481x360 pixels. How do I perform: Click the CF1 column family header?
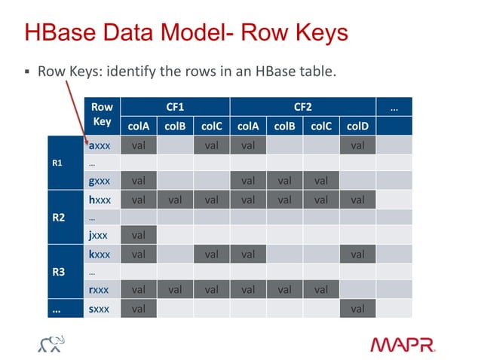coord(175,108)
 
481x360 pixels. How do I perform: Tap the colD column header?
coord(357,126)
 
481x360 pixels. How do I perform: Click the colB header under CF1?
coord(175,126)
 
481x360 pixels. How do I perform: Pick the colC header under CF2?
coord(320,126)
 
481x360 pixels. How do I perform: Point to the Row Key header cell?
coord(102,116)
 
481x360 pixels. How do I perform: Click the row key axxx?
coord(100,145)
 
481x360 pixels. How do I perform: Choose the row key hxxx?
coord(100,200)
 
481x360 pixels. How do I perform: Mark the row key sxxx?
coord(100,308)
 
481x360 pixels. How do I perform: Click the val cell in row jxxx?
coord(139,235)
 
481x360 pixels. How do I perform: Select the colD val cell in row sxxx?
coord(357,308)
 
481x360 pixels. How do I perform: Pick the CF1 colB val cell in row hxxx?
coord(175,200)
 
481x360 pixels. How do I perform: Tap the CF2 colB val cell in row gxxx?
coord(284,181)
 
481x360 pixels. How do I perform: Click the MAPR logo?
coord(403,344)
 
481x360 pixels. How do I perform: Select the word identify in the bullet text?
coord(133,73)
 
